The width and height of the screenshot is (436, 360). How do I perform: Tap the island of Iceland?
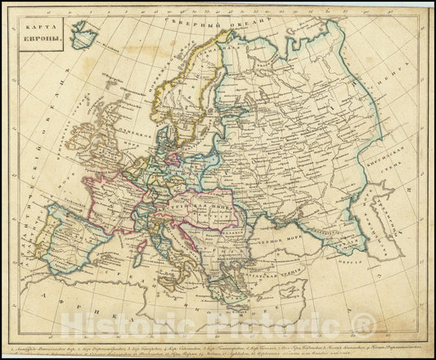83,34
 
